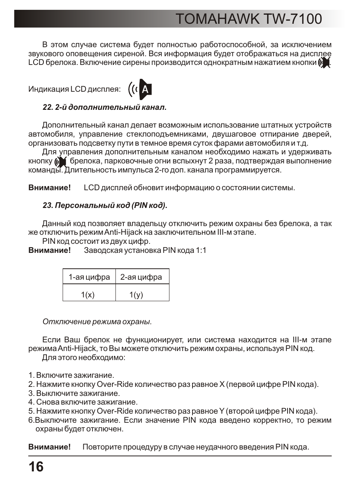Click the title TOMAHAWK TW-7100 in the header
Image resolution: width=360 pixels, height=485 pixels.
pyautogui.click(x=249, y=19)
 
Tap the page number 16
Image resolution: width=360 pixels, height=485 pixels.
pyautogui.click(x=36, y=467)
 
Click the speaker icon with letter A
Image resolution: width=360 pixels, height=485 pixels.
pyautogui.click(x=140, y=89)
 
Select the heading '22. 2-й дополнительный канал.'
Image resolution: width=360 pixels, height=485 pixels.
pyautogui.click(x=105, y=108)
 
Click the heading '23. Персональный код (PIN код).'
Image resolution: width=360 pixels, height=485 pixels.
pyautogui.click(x=105, y=205)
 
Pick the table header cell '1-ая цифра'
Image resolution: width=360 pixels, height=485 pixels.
pyautogui.click(x=89, y=277)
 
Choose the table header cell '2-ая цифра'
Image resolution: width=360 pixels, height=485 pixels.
pyautogui.click(x=141, y=277)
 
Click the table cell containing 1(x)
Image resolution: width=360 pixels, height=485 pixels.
pyautogui.click(x=88, y=295)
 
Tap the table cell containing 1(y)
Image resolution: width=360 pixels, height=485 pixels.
pyautogui.click(x=136, y=295)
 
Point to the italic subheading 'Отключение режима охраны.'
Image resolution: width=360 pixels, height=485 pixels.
pyautogui.click(x=97, y=322)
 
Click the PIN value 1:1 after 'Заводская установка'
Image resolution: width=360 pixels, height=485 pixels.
pyautogui.click(x=201, y=250)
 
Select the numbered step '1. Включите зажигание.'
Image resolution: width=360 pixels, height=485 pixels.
pyautogui.click(x=71, y=375)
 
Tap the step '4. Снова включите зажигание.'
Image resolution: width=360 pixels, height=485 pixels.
pyautogui.click(x=83, y=402)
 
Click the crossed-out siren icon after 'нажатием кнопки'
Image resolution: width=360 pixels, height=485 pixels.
pyautogui.click(x=324, y=63)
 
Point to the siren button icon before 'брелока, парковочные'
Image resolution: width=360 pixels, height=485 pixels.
pyautogui.click(x=60, y=162)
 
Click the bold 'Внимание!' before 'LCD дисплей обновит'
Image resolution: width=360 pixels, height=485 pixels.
pyautogui.click(x=49, y=188)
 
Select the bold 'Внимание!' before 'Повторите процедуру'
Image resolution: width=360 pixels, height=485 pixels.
pyautogui.click(x=49, y=447)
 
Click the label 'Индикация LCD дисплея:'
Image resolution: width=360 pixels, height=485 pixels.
pyautogui.click(x=75, y=89)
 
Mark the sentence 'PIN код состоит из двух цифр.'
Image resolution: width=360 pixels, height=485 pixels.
pyautogui.click(x=96, y=241)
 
